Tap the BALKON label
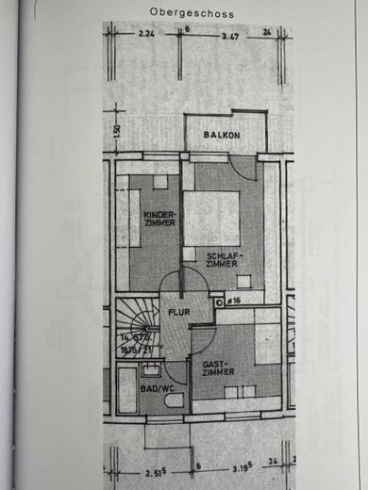222,136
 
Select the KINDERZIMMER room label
159,219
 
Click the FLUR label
180,311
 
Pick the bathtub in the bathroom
126,390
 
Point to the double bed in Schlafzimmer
210,218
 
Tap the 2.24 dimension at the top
145,33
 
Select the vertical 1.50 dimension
118,131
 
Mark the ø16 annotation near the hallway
233,301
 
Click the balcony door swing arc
243,169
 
